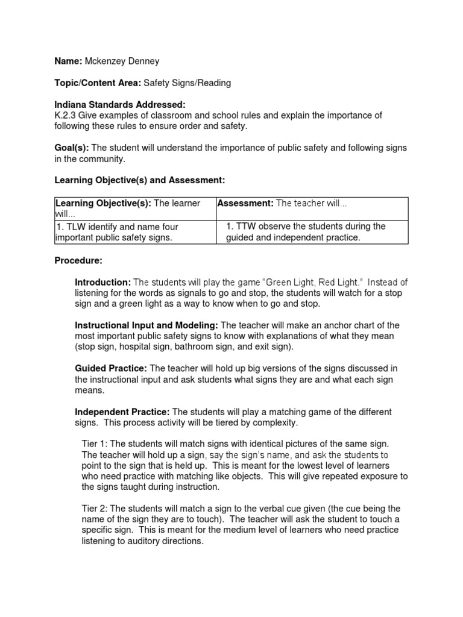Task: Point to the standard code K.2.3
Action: [66, 115]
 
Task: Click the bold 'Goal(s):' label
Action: [72, 147]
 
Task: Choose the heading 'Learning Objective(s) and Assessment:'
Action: [139, 180]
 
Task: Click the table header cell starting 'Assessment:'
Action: [312, 204]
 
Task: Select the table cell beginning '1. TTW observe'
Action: [312, 232]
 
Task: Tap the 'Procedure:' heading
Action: [78, 261]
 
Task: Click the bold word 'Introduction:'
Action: [102, 282]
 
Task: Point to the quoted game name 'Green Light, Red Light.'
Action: [311, 282]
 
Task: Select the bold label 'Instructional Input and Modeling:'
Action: [147, 325]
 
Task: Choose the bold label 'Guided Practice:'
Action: [111, 368]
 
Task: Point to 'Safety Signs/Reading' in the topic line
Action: [187, 83]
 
